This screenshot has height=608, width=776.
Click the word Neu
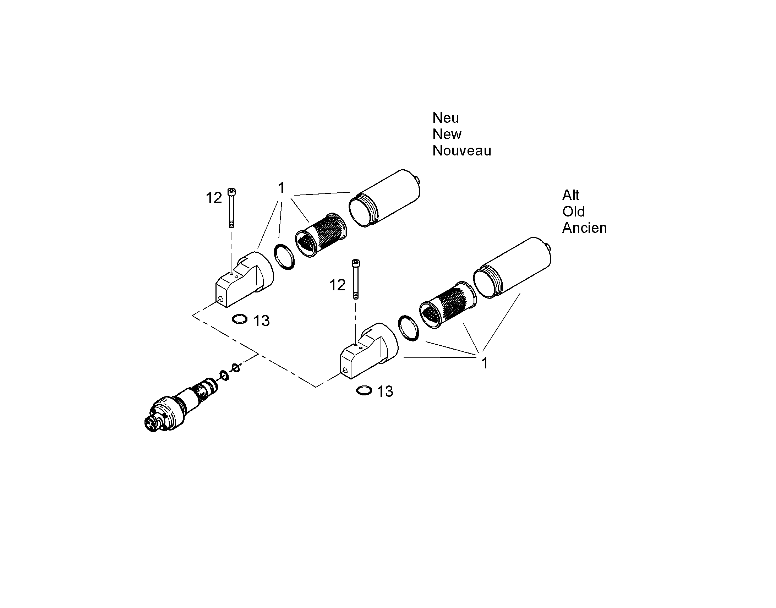(446, 118)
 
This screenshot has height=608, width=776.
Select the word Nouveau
(462, 150)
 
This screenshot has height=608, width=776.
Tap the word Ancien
(585, 228)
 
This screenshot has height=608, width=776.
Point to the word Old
(573, 212)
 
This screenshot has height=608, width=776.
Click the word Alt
(571, 195)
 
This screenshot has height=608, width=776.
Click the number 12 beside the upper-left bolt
(214, 198)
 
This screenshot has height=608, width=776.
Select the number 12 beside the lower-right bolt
(338, 285)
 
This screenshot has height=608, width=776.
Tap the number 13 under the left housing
(262, 321)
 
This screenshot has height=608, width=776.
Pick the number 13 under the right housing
(385, 391)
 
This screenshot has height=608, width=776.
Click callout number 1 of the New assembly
(281, 188)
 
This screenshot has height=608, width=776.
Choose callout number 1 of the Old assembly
(485, 363)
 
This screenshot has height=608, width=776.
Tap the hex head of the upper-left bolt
(231, 192)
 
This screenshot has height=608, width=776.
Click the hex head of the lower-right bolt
(356, 263)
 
